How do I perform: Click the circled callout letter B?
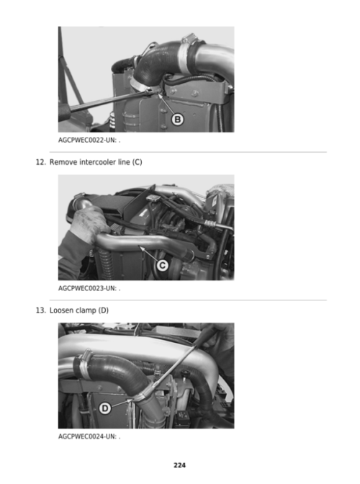pyautogui.click(x=177, y=119)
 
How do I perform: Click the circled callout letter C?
pyautogui.click(x=162, y=265)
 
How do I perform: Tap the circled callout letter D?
pyautogui.click(x=105, y=408)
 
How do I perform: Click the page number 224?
pyautogui.click(x=179, y=465)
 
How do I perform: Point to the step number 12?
pyautogui.click(x=41, y=162)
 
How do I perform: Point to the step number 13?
pyautogui.click(x=41, y=310)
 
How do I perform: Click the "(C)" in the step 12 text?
pyautogui.click(x=138, y=162)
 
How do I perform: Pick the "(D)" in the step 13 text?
pyautogui.click(x=104, y=310)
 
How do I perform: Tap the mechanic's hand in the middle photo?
pyautogui.click(x=87, y=220)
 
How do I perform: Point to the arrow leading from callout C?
pyautogui.click(x=148, y=253)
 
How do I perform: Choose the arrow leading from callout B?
pyautogui.click(x=166, y=104)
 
